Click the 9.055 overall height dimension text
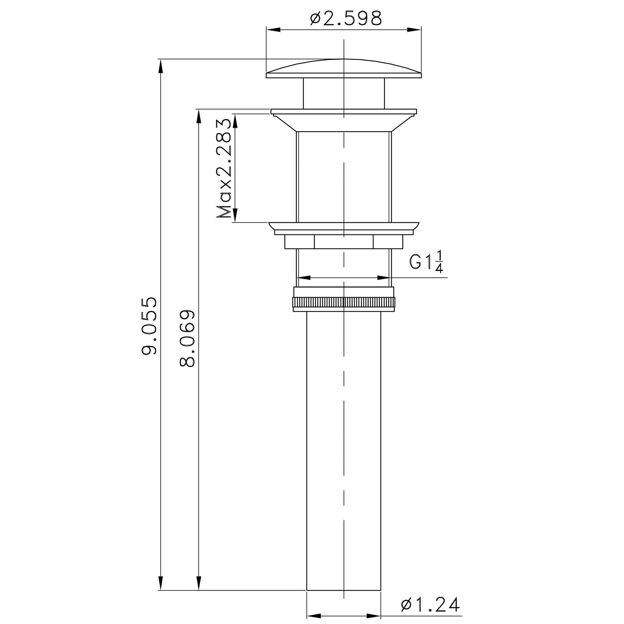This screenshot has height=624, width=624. [149, 326]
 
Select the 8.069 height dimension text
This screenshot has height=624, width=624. [187, 339]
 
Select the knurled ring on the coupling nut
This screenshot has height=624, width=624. [344, 303]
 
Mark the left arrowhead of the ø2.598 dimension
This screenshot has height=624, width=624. [273, 30]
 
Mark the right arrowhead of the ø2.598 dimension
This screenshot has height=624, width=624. [415, 30]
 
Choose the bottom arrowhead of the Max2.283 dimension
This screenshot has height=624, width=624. [235, 216]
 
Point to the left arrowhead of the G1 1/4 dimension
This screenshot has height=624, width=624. [304, 277]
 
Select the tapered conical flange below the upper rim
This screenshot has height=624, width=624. [344, 123]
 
